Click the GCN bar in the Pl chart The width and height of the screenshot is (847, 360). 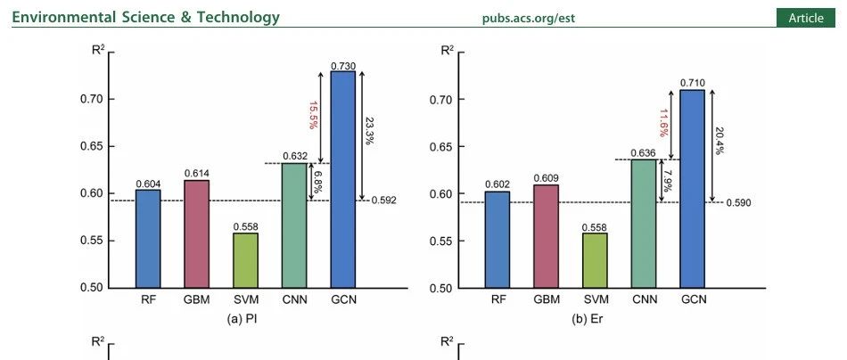coord(342,178)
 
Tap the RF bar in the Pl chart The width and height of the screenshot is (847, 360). coord(148,238)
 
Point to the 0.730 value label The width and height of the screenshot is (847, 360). coord(342,66)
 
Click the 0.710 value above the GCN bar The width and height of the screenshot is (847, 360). coord(693,83)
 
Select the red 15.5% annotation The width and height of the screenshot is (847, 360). coord(313,117)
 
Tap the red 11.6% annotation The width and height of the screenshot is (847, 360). coord(663,124)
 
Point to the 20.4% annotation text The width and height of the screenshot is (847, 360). coord(720,143)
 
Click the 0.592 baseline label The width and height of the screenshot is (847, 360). coord(384,200)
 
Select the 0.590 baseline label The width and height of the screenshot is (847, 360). coord(738,202)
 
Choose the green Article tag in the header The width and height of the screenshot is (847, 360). coord(806,18)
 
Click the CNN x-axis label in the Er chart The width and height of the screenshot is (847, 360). coord(644,299)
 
